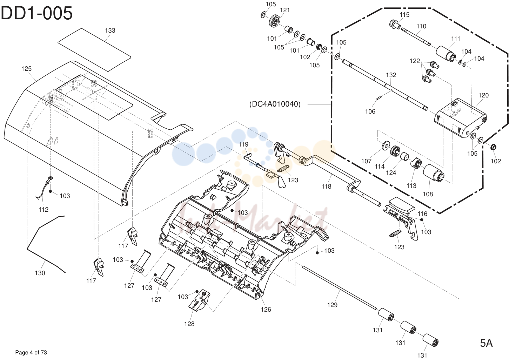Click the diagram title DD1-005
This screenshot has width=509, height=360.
36,13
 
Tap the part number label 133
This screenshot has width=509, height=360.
110,30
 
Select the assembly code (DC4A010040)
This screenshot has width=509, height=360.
275,104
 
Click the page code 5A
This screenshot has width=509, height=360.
486,343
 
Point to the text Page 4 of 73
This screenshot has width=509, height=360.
31,353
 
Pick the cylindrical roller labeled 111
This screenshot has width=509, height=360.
446,54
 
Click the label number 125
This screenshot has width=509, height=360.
26,69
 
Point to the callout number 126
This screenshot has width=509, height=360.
266,310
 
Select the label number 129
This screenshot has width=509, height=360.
332,305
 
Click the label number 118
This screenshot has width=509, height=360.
326,186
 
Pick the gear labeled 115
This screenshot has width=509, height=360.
395,24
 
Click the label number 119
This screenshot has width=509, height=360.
243,144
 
